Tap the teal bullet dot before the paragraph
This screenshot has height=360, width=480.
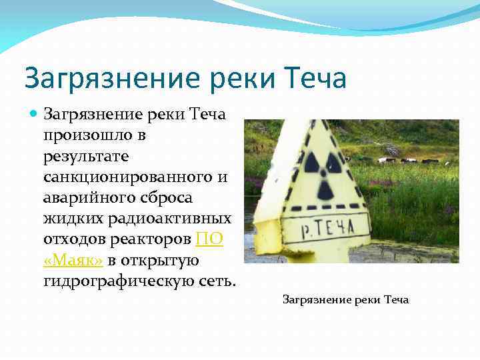click(x=35, y=114)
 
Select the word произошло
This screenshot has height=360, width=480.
click(x=82, y=135)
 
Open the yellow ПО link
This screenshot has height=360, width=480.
click(x=209, y=239)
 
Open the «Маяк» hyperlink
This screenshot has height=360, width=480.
click(x=72, y=259)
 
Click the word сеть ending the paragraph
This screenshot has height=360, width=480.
click(x=216, y=281)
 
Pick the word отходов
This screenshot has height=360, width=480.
click(x=71, y=239)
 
